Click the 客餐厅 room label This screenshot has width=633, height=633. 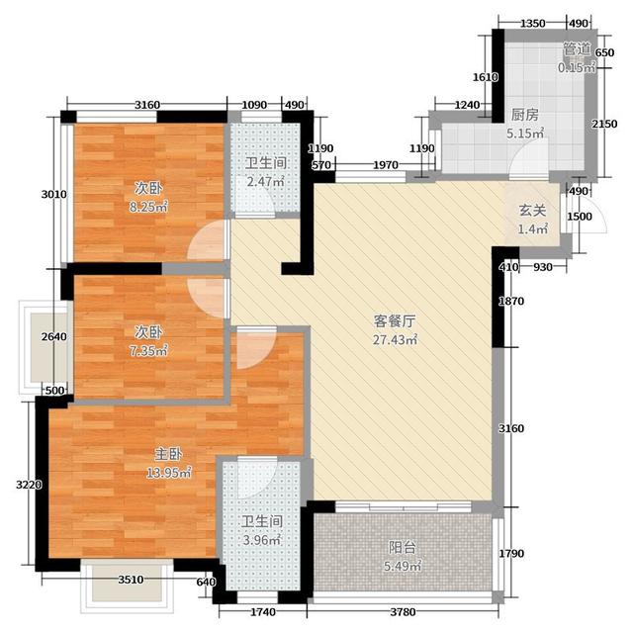pyautogui.click(x=394, y=321)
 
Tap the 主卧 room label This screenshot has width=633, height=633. pyautogui.click(x=168, y=455)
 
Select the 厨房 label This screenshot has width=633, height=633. pyautogui.click(x=525, y=115)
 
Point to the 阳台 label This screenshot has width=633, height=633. pyautogui.click(x=403, y=548)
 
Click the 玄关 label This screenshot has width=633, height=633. pyautogui.click(x=532, y=211)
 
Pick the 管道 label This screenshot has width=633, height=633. pyautogui.click(x=577, y=49)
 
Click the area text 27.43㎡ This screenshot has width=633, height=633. pyautogui.click(x=395, y=340)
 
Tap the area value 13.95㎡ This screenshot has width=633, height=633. pyautogui.click(x=169, y=473)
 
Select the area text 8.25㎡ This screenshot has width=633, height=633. pyautogui.click(x=148, y=207)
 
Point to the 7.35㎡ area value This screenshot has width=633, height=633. pyautogui.click(x=148, y=351)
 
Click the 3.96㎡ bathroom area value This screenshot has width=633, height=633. pyautogui.click(x=262, y=540)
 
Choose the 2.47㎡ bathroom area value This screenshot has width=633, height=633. pyautogui.click(x=266, y=181)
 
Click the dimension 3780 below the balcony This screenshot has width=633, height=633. pyautogui.click(x=403, y=612)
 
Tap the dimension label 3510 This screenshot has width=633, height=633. pyautogui.click(x=131, y=580)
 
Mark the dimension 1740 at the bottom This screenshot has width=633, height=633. pyautogui.click(x=263, y=612)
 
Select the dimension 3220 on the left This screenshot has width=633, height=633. pyautogui.click(x=29, y=484)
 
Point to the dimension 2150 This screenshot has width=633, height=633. pyautogui.click(x=604, y=124)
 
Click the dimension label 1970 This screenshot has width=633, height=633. pyautogui.click(x=386, y=165)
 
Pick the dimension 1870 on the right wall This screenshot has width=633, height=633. pyautogui.click(x=511, y=301)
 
